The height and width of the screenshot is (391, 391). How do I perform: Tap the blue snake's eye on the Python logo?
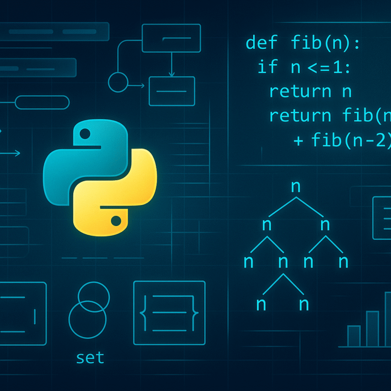coord(85,134)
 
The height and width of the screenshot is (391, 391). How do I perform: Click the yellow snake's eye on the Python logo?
coord(116,220)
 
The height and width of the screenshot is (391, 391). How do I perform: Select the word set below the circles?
coord(90,357)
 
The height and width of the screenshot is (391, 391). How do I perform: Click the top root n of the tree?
coord(296,186)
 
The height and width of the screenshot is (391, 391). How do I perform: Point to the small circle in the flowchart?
coord(118,81)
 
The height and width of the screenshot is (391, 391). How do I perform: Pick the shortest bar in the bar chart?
coord(353,336)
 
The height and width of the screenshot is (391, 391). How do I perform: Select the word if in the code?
coord(267,67)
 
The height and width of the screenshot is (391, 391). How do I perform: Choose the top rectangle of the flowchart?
coord(171,38)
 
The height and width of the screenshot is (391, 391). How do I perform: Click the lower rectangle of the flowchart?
coord(172,91)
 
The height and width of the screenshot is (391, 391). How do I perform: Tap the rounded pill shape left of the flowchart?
coord(42,102)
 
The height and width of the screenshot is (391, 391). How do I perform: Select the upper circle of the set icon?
coord(94,298)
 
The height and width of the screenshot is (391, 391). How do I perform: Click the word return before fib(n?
coord(300,116)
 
